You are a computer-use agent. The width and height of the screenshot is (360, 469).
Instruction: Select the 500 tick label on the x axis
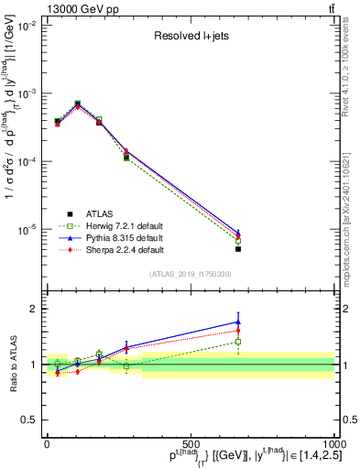[x=190, y=443]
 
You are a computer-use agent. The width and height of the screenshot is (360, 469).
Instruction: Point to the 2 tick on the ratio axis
[x=34, y=309]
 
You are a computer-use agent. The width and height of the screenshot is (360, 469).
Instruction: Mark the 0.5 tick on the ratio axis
[x=29, y=420]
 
